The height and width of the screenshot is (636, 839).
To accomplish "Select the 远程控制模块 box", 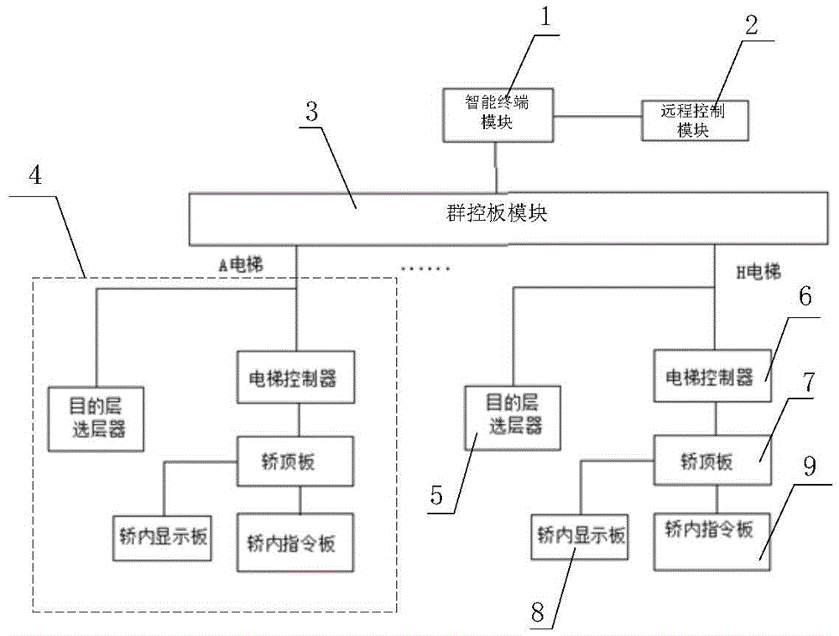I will click(x=695, y=120).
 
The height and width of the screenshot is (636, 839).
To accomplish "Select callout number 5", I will click(x=438, y=495).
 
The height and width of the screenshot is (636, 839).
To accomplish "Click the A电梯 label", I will click(x=241, y=265).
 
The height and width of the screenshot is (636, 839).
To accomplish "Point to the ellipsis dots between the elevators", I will click(x=425, y=269).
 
